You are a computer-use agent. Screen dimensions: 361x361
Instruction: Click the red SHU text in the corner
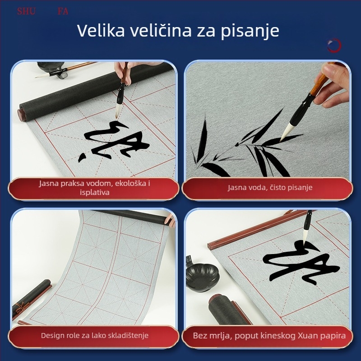point(26,11)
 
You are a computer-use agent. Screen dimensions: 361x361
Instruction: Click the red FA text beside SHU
point(63,11)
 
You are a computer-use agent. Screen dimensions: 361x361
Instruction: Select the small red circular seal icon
point(334,45)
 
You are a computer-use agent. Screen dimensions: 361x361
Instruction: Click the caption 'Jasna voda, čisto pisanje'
point(270,187)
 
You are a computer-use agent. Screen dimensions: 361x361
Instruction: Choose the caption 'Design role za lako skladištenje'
point(94,335)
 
